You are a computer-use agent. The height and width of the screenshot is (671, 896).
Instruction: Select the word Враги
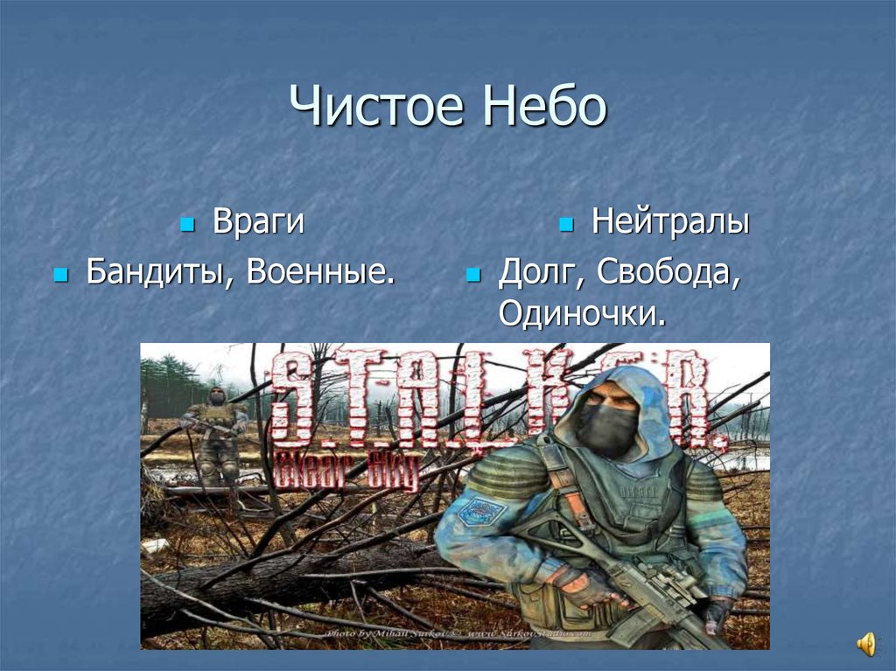(258, 222)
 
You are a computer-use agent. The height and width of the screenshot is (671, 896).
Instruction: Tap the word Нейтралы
(670, 222)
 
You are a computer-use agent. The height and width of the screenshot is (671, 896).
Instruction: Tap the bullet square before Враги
(186, 226)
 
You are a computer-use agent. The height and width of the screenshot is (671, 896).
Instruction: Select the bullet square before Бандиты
(59, 276)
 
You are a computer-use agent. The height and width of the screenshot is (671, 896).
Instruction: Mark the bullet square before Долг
(473, 276)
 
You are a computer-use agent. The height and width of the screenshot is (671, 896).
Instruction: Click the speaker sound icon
(865, 645)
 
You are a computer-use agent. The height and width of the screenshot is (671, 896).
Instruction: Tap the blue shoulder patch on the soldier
(481, 510)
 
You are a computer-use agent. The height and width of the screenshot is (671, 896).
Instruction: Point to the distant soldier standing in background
(215, 433)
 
